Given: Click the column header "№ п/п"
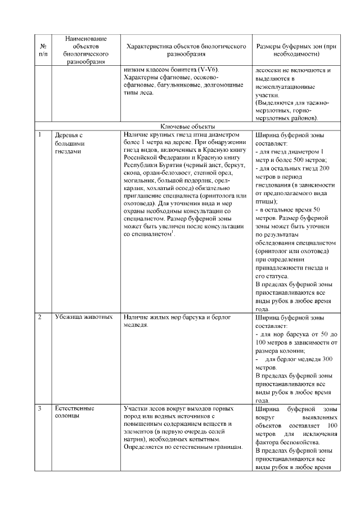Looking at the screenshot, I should (43, 50).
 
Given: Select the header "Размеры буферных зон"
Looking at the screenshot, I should (295, 46).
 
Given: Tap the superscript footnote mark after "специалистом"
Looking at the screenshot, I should (174, 231).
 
